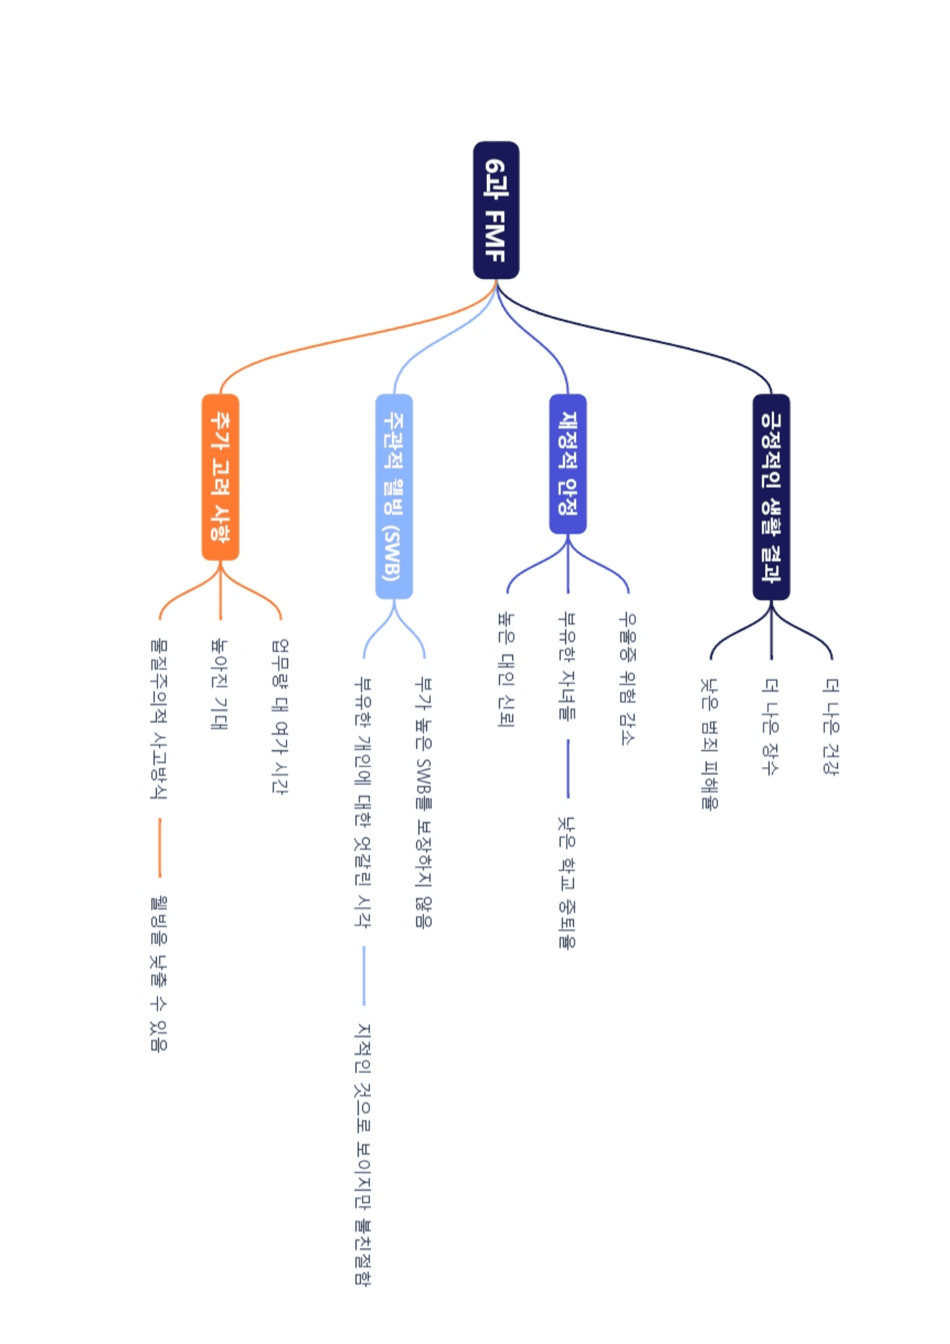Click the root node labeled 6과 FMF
pyautogui.click(x=496, y=210)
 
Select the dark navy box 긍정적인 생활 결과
pyautogui.click(x=771, y=497)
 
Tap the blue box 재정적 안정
pyautogui.click(x=567, y=464)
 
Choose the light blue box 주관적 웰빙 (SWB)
pyautogui.click(x=394, y=496)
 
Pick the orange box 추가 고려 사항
pyautogui.click(x=220, y=477)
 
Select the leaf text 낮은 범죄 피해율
pyautogui.click(x=709, y=743)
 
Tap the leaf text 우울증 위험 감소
pyautogui.click(x=627, y=678)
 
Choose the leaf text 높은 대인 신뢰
pyautogui.click(x=506, y=670)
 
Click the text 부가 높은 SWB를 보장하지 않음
pyautogui.click(x=423, y=803)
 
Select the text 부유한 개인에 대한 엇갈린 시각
pyautogui.click(x=363, y=803)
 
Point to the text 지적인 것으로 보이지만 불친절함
pyautogui.click(x=363, y=1154)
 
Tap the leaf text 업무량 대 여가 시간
pyautogui.click(x=280, y=716)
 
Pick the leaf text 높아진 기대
pyautogui.click(x=220, y=684)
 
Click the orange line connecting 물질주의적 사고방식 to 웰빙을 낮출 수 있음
pyautogui.click(x=160, y=848)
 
